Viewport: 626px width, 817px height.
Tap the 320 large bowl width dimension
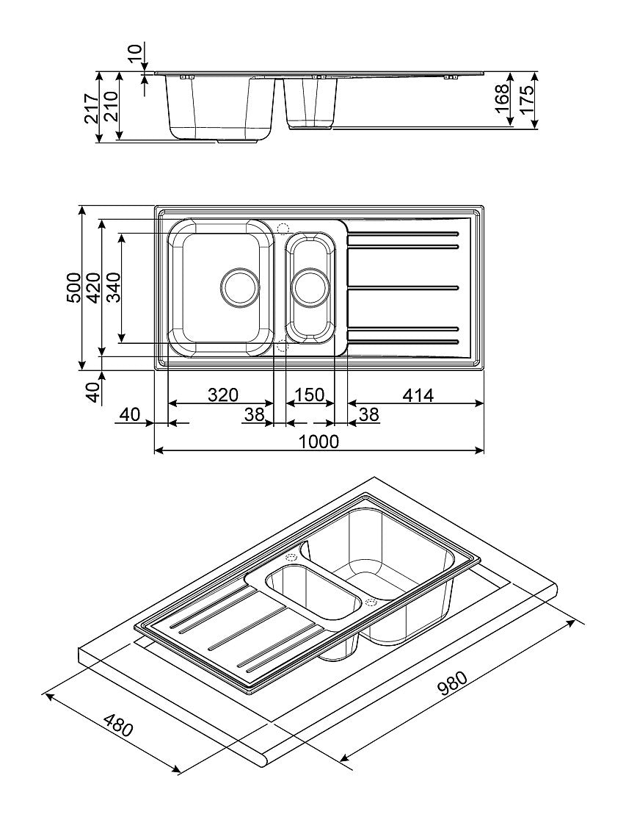pos(222,395)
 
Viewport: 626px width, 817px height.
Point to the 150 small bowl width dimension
pos(309,395)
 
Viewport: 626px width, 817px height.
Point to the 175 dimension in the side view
pos(525,100)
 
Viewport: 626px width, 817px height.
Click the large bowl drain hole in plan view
pos(240,287)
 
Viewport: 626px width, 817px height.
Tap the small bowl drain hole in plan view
pos(310,287)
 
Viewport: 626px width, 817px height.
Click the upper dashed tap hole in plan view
pos(284,228)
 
